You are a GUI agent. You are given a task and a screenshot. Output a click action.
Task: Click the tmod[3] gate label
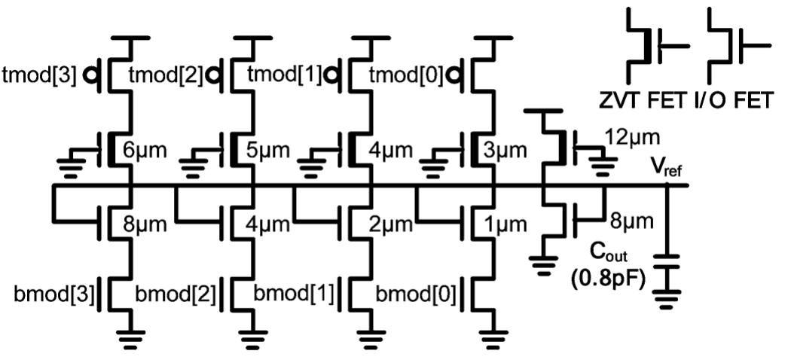click(x=39, y=75)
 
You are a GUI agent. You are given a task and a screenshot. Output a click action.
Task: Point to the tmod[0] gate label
click(x=405, y=75)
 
